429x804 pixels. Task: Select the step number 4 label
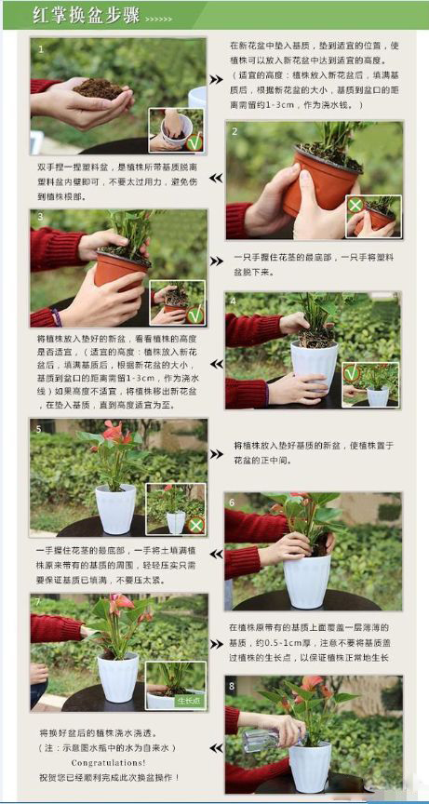[x=233, y=301]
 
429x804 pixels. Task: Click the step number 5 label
[x=38, y=430]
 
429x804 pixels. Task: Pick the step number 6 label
[x=233, y=502]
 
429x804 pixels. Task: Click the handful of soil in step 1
[x=99, y=89]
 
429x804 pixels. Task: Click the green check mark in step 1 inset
[x=194, y=142]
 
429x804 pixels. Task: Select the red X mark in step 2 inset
[x=355, y=205]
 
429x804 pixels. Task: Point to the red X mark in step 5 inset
[x=195, y=525]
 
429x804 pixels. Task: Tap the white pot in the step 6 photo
[x=306, y=580]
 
